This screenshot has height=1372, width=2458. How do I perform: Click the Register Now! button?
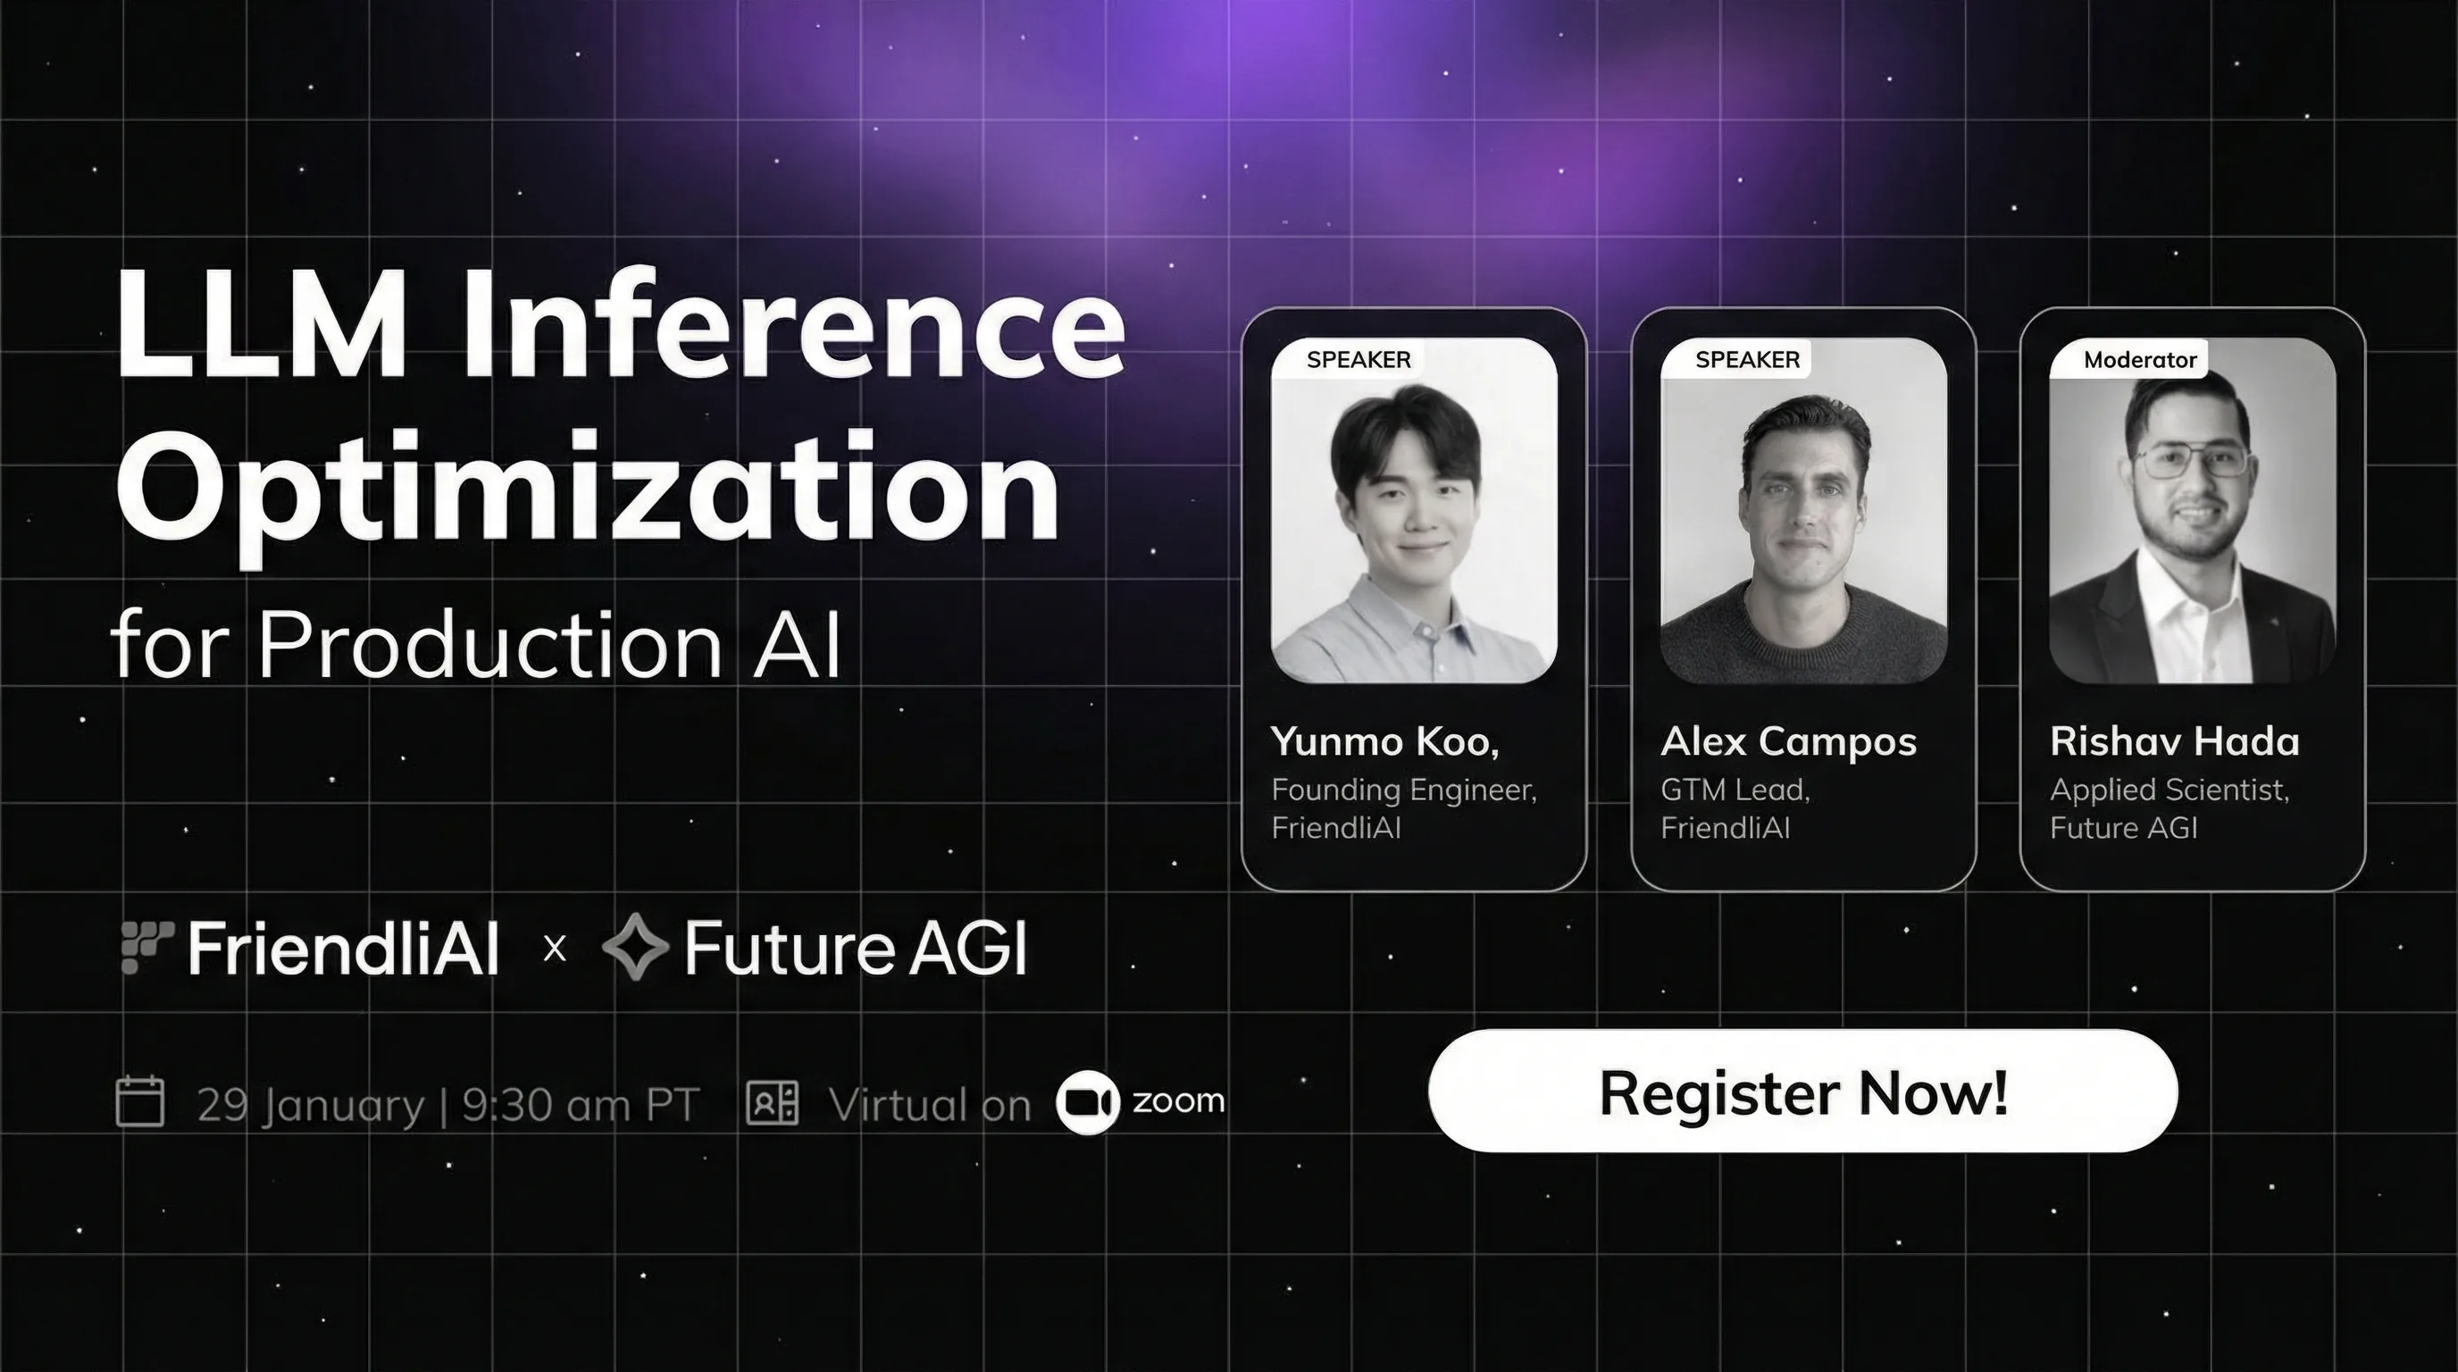tap(1802, 1091)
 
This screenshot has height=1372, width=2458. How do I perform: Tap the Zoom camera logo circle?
tap(1088, 1103)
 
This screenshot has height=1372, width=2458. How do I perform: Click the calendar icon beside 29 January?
tap(140, 1102)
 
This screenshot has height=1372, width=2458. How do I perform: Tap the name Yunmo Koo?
tap(1384, 742)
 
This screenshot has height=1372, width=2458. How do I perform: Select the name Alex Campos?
tap(1788, 742)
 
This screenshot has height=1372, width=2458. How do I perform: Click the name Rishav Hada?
tap(2175, 741)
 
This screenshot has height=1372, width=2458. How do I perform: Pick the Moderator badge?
tap(2140, 360)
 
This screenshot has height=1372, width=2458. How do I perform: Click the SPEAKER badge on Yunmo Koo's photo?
tap(1358, 360)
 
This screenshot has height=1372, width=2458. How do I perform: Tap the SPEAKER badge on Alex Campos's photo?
tap(1747, 360)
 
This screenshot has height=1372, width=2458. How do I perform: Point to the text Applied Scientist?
tap(2169, 790)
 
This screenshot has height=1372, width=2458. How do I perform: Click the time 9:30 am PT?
tap(581, 1105)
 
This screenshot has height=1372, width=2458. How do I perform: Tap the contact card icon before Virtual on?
tap(772, 1103)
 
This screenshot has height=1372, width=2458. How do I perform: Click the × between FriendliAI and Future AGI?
tap(555, 949)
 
